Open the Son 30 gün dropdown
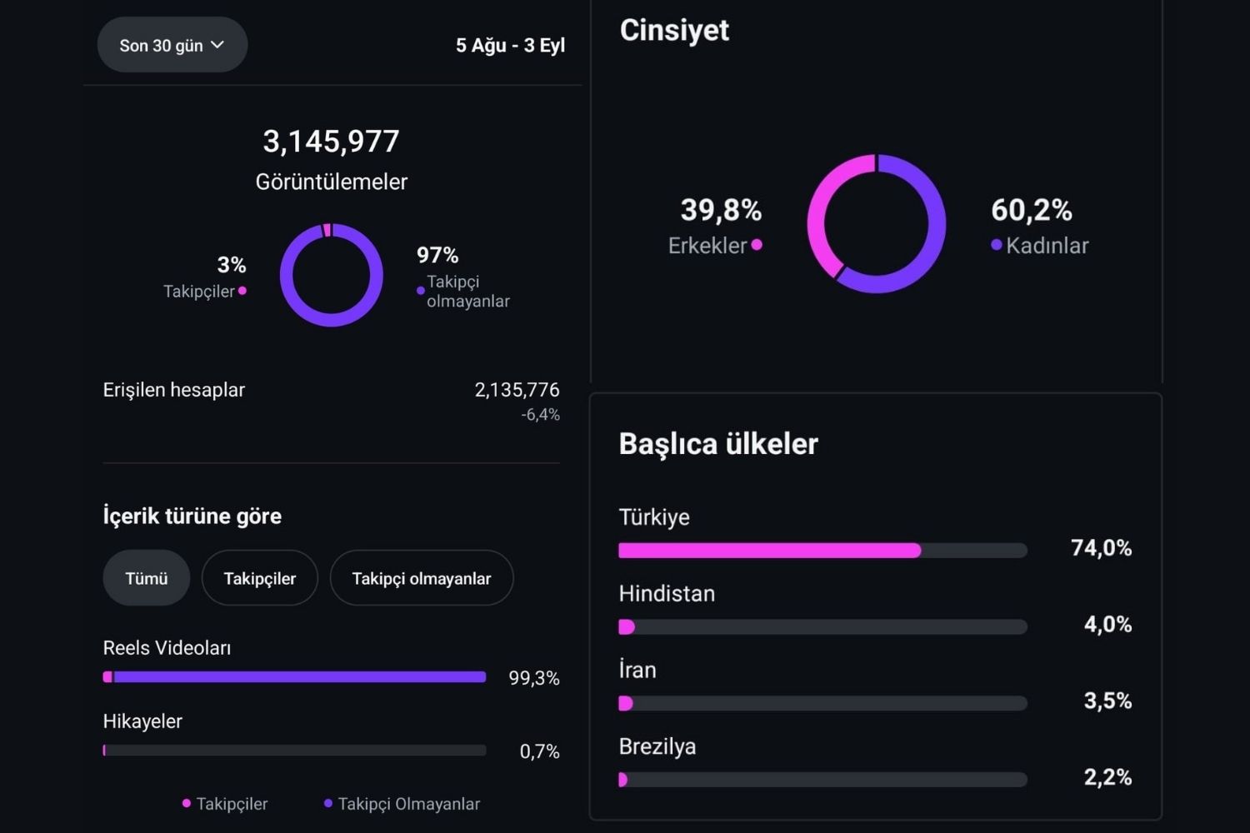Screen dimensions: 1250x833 click(172, 45)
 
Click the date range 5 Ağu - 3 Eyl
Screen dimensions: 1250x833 click(510, 45)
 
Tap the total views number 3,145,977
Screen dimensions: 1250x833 click(331, 141)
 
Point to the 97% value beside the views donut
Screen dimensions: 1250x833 click(437, 255)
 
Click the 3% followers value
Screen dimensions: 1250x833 click(232, 264)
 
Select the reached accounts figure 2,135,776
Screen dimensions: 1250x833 click(517, 390)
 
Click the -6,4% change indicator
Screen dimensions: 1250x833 click(540, 415)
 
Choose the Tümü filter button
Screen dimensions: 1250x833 click(146, 578)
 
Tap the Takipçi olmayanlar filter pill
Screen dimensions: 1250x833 click(422, 578)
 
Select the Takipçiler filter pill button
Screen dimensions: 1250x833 click(259, 578)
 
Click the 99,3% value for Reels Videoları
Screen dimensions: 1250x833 click(534, 678)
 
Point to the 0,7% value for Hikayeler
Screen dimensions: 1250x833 click(540, 751)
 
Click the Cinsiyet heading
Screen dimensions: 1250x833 click(674, 30)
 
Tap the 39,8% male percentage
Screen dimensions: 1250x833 click(721, 211)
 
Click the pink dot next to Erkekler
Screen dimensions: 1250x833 click(757, 244)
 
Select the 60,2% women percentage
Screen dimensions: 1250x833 click(1032, 211)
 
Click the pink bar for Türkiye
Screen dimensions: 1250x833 click(769, 551)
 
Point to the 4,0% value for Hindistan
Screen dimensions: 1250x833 click(1107, 624)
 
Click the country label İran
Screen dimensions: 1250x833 click(637, 670)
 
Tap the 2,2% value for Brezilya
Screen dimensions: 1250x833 click(1107, 777)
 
